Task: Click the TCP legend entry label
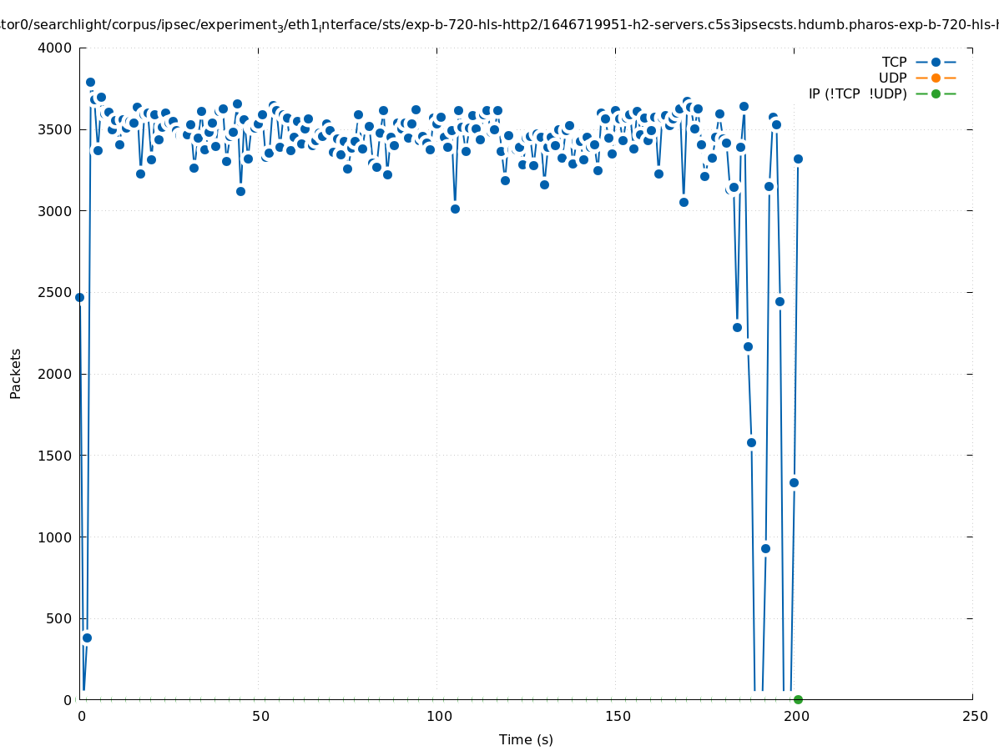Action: [x=894, y=62]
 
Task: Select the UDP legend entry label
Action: [x=892, y=78]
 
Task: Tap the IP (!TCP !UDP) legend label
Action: [x=857, y=93]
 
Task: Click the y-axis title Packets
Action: [x=15, y=373]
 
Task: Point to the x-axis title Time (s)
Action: [x=526, y=739]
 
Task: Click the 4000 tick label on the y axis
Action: [x=56, y=48]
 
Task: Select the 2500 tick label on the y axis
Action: [x=56, y=292]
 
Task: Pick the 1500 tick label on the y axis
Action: [x=56, y=456]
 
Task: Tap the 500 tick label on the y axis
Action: [x=59, y=618]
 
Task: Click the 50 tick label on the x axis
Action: [x=260, y=717]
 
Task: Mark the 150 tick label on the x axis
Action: [x=616, y=717]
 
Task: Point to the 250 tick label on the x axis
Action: [x=973, y=717]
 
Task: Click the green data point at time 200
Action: [x=798, y=699]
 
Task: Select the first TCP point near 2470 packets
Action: [x=79, y=297]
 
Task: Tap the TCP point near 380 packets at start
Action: [x=87, y=638]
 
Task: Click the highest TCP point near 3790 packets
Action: [x=90, y=82]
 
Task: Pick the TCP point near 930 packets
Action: [x=765, y=548]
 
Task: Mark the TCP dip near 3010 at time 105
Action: [x=455, y=209]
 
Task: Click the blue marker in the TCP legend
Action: [x=936, y=62]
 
